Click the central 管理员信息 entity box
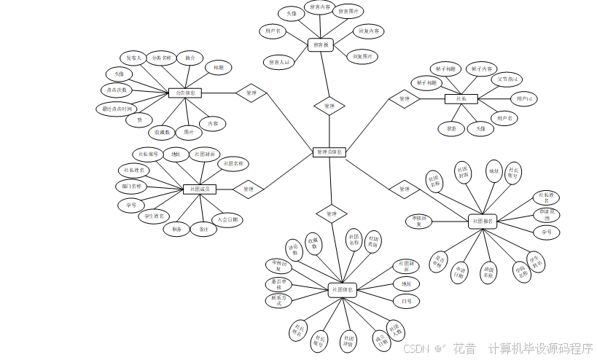329,152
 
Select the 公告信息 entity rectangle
185,93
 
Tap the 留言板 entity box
321,44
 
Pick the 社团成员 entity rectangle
200,189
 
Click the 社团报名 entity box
483,221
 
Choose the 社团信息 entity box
343,289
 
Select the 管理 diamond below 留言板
329,106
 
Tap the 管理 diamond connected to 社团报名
405,189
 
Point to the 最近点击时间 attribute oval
117,109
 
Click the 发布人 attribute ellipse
133,58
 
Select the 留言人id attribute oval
278,63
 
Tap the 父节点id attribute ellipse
508,79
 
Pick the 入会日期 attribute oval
227,219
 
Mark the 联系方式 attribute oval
278,300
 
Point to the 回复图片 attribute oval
362,56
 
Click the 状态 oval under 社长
451,128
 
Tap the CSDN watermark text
416,348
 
